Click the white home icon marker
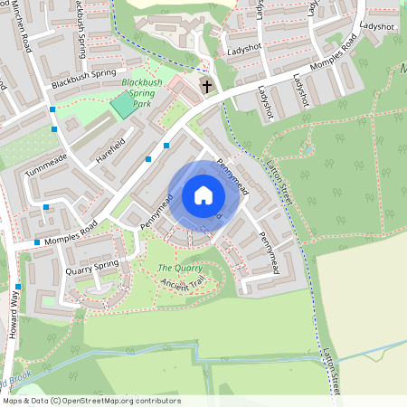203,195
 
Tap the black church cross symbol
207,87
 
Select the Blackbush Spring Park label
142,93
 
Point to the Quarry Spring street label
93,264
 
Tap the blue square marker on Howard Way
17,288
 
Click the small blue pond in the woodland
308,149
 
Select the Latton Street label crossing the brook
332,371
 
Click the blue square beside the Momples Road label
37,242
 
